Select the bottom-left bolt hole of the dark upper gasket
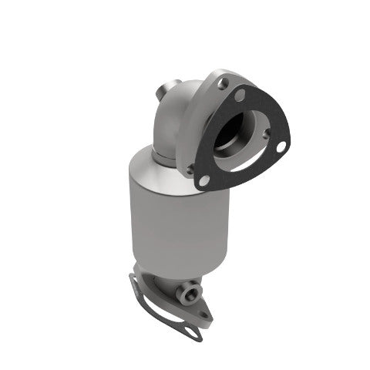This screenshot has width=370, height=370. [x=204, y=180]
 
